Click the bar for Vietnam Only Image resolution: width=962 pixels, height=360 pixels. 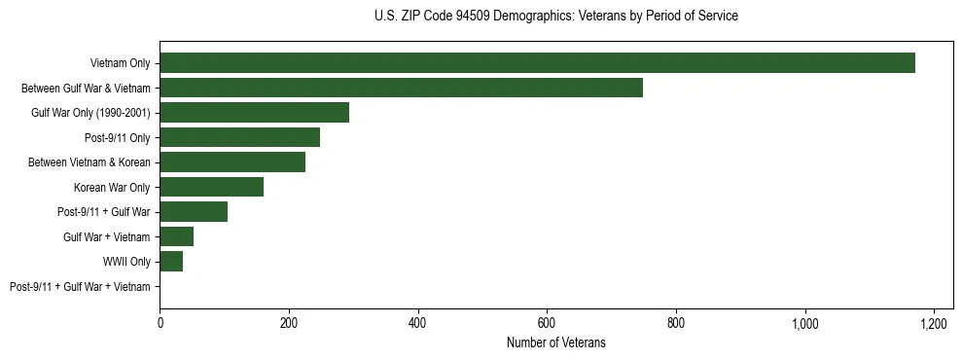pos(537,63)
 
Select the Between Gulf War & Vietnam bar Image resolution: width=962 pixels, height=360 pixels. pos(401,88)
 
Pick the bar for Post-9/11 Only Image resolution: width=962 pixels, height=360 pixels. pos(239,137)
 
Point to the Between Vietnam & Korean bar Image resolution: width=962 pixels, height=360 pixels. pos(232,162)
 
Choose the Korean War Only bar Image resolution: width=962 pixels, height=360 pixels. pos(211,187)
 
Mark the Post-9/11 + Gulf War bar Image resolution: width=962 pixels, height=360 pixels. pos(194,212)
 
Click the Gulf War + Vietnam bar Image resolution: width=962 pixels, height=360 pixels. pos(176,236)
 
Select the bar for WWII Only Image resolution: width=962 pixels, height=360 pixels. pos(171,262)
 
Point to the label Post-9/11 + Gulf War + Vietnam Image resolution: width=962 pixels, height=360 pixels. pos(80,287)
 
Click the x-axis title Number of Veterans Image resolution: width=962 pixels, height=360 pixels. pos(555,342)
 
